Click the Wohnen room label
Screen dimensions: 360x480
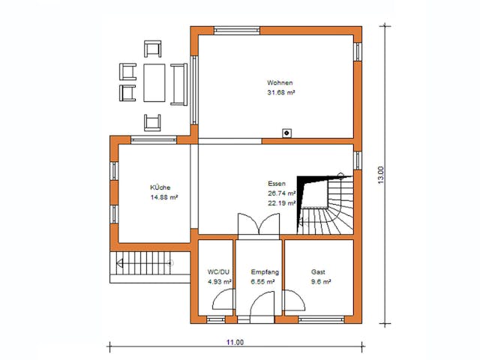280,82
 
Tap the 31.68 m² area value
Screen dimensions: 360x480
280,93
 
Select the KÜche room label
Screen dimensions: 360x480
160,187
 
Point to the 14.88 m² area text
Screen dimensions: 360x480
163,198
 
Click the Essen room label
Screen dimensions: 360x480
277,183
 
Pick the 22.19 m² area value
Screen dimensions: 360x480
281,202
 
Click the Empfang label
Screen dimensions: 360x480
265,271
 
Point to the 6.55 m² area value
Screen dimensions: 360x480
265,282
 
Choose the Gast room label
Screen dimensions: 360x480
319,271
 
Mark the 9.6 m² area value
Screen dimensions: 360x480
321,282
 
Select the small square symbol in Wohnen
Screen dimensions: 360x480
286,133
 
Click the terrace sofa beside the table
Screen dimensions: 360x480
178,83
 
